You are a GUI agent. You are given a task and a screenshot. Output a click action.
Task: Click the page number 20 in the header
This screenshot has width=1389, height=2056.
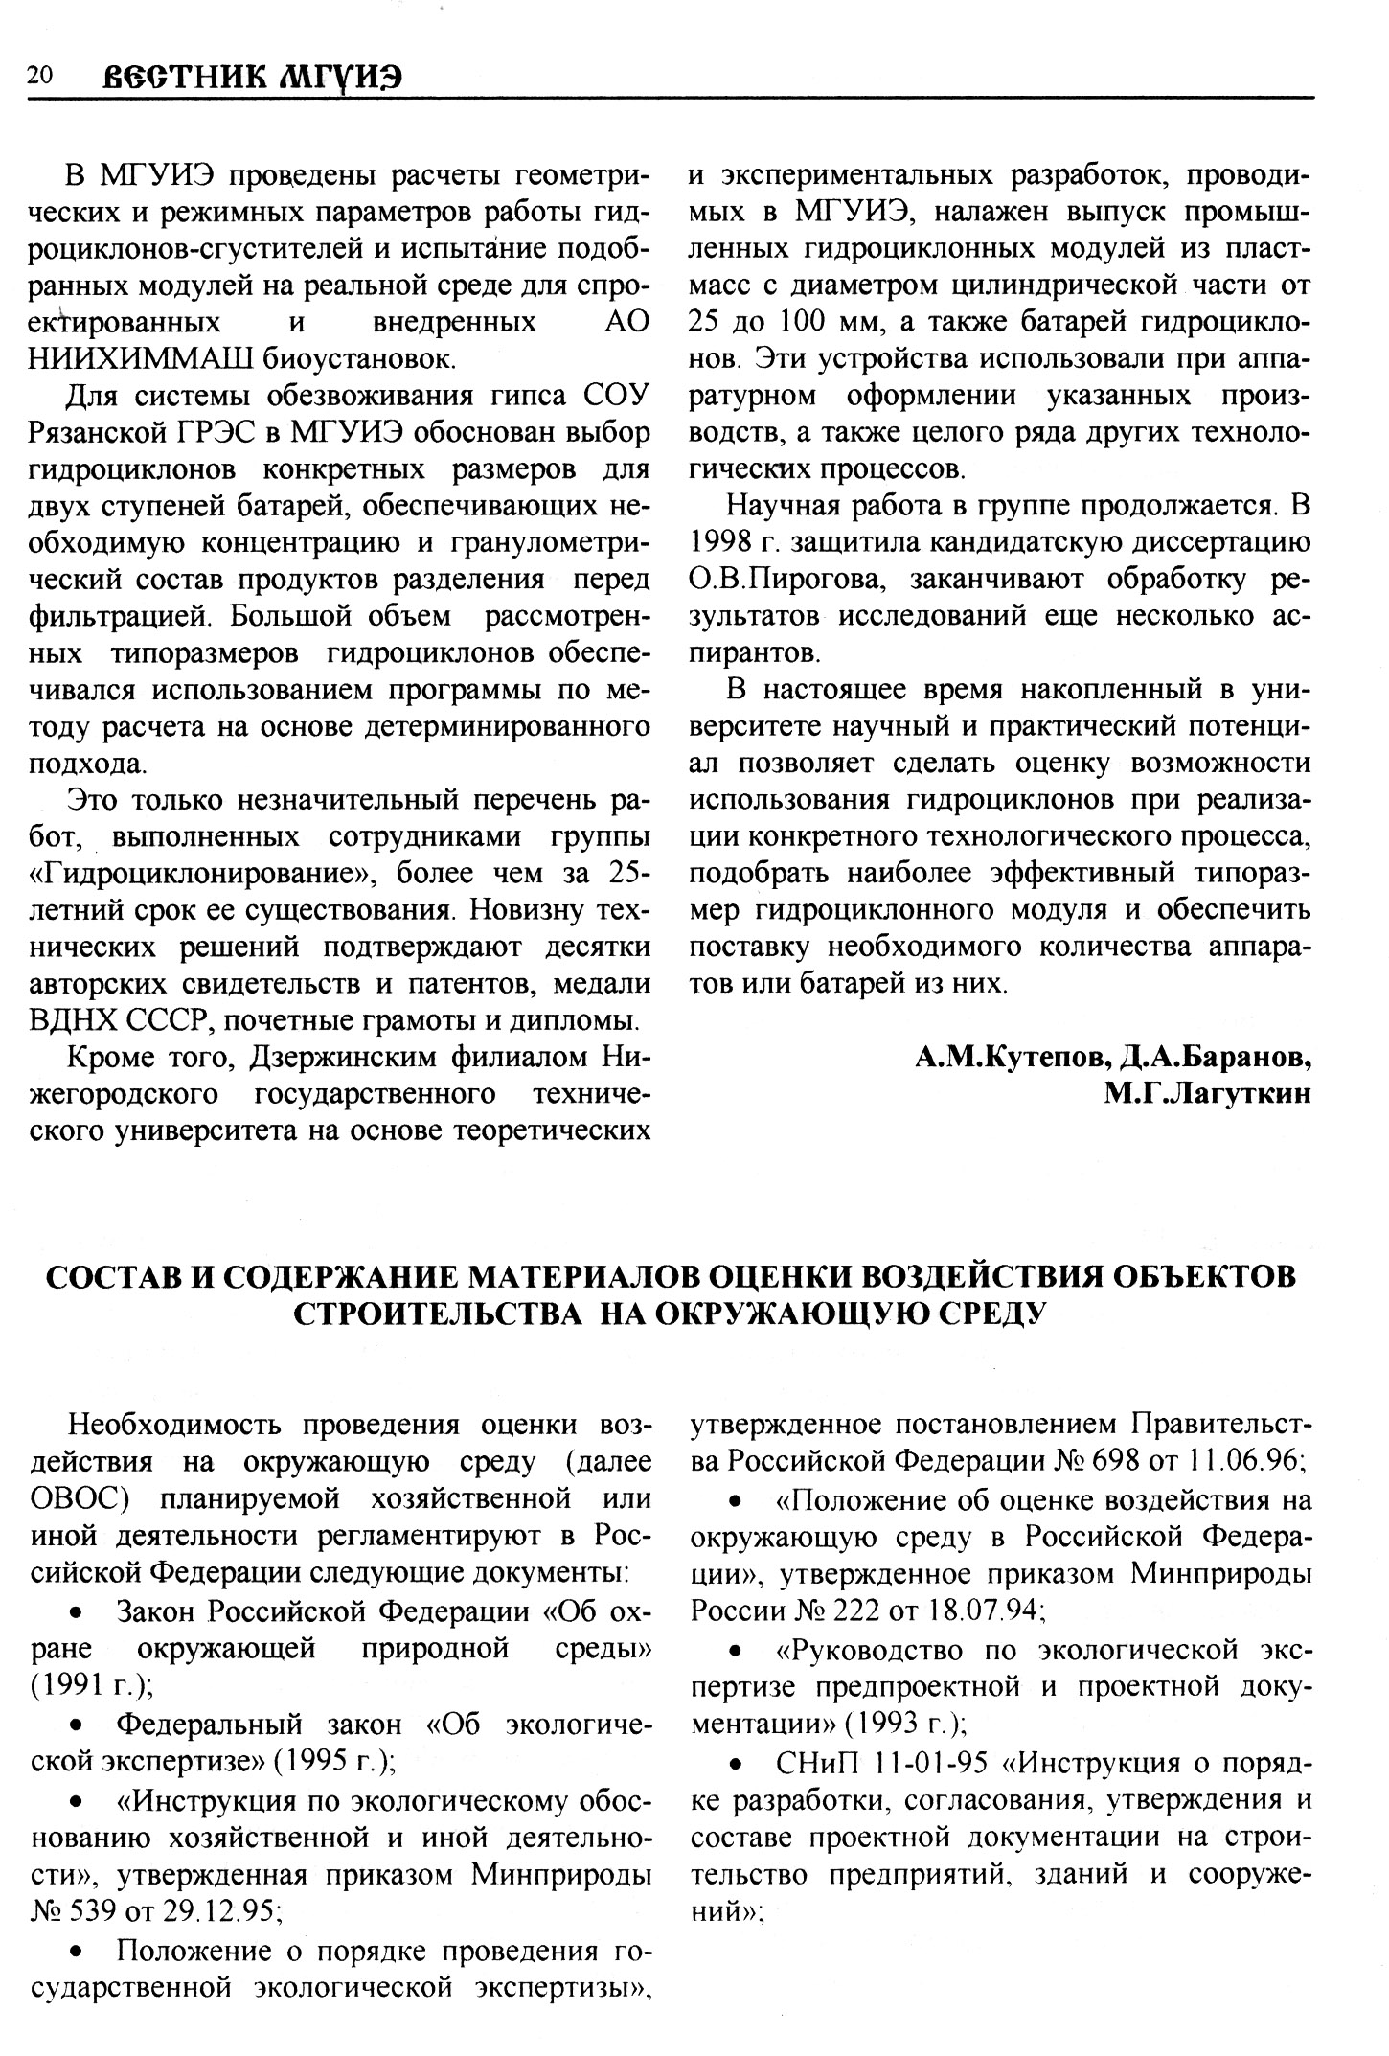40,75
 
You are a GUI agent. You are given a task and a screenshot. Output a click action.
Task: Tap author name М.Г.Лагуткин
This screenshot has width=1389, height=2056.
1207,1094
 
